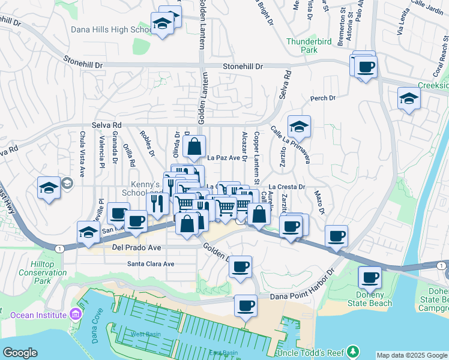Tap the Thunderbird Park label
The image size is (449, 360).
[302, 46]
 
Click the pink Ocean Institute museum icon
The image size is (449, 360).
[74, 314]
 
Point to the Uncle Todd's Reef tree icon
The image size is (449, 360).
[354, 351]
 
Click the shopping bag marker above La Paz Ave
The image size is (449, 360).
[194, 146]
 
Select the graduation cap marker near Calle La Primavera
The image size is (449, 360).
[298, 127]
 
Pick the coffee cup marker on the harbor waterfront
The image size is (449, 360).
[245, 307]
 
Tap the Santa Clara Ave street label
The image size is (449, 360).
[150, 263]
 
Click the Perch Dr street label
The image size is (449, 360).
[322, 98]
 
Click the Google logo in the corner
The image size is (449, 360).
[20, 353]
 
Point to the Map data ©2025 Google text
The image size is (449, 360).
[412, 355]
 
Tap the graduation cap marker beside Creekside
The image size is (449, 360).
[408, 98]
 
